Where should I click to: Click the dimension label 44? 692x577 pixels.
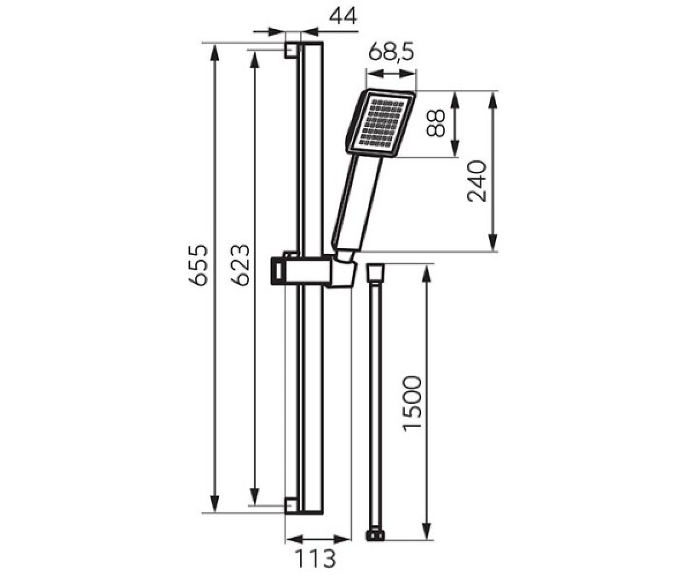pos(343,16)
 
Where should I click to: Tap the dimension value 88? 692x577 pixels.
pos(435,123)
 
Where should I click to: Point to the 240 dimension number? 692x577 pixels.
pos(476,181)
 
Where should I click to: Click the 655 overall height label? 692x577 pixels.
pos(198,265)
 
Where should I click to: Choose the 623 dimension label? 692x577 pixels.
pos(240,265)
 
